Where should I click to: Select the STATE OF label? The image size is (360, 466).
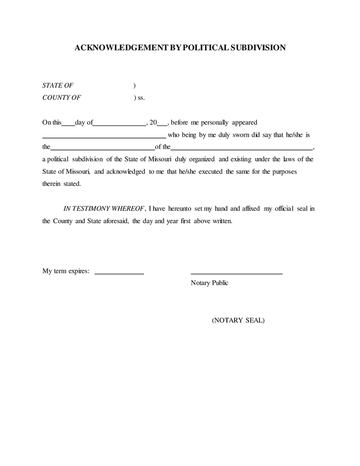57,85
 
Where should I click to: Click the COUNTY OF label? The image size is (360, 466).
62,97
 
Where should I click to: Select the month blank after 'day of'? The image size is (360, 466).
120,125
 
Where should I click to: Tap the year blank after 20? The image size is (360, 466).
162,125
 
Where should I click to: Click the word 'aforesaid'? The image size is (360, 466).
112,221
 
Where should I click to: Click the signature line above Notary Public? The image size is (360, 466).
236,272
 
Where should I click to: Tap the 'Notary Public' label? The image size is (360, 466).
209,283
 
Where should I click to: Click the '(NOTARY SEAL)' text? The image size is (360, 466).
238,321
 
